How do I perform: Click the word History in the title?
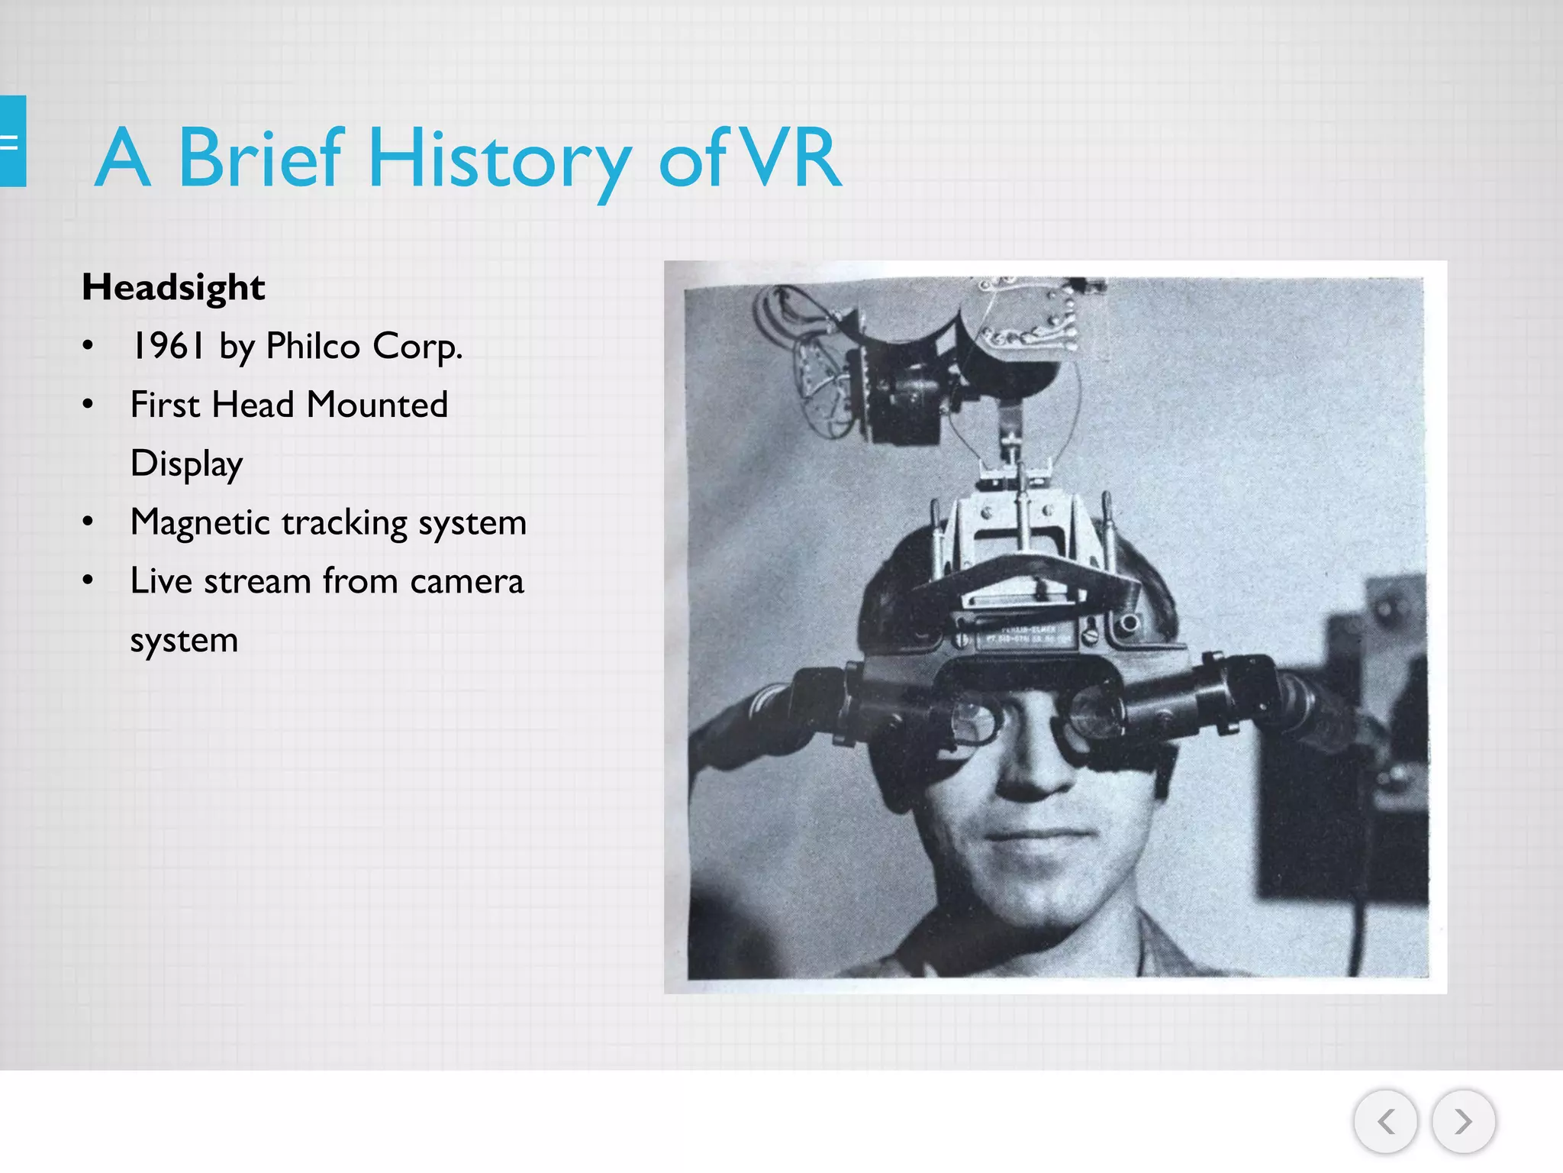pos(500,159)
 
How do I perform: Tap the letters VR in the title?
pos(791,159)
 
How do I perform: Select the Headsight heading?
pos(173,288)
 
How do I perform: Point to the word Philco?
pos(313,346)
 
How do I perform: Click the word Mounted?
pos(377,405)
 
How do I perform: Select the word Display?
pos(186,464)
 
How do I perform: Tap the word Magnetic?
pos(200,523)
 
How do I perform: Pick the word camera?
pos(466,581)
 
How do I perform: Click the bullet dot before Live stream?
pos(89,581)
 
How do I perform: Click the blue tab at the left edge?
pos(12,141)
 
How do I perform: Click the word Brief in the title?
pos(260,159)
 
